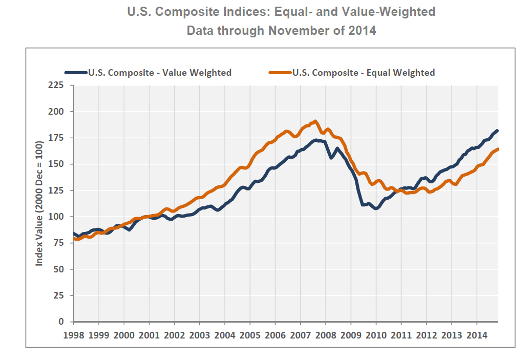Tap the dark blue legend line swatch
76,73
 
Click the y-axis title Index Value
39,204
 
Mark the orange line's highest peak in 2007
315,121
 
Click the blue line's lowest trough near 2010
376,208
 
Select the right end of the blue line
497,131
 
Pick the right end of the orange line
498,149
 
